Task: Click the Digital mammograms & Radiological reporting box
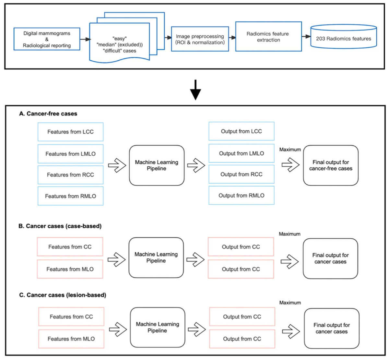tap(47, 39)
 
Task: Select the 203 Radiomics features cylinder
tap(344, 36)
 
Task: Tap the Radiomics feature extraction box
tap(268, 37)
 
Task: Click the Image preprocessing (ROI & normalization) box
tap(200, 39)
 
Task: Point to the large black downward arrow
tap(195, 90)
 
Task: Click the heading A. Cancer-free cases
tap(48, 114)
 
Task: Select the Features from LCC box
tap(71, 132)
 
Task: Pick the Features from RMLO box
tap(71, 196)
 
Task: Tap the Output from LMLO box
tap(241, 153)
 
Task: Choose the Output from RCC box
tap(241, 174)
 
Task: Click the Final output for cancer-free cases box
tap(331, 165)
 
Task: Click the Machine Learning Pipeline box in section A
tap(157, 165)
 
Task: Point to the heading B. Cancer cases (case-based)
tap(60, 226)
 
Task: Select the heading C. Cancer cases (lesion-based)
tap(63, 295)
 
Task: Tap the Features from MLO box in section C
tap(71, 339)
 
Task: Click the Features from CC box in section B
tap(70, 247)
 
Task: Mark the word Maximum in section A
tap(290, 150)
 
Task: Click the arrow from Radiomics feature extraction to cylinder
tap(306, 36)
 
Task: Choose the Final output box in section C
tap(332, 328)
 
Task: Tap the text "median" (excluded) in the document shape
tap(120, 45)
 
